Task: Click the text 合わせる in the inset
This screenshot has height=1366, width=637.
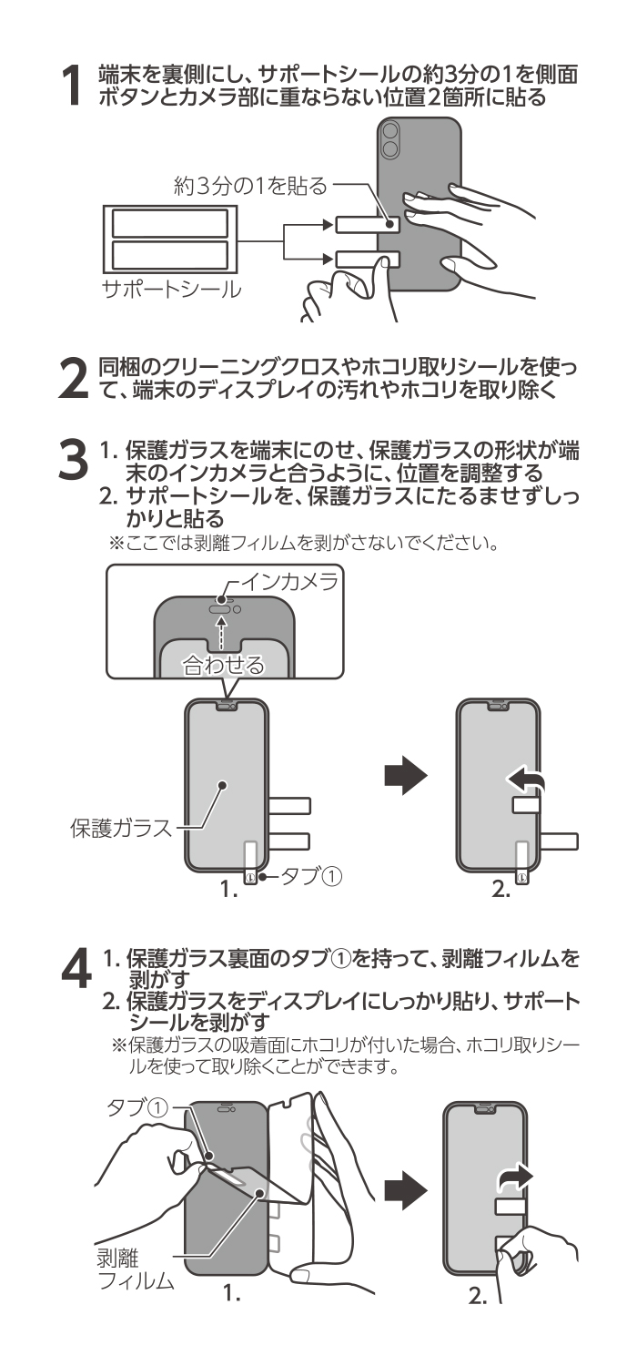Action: tap(224, 665)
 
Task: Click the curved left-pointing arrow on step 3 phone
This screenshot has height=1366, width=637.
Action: tap(525, 780)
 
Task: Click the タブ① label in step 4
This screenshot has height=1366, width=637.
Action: tap(137, 1107)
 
